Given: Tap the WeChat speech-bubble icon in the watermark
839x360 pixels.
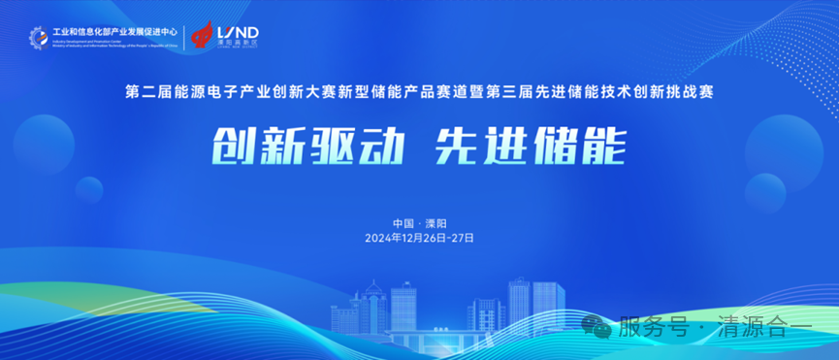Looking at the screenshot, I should (601, 328).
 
